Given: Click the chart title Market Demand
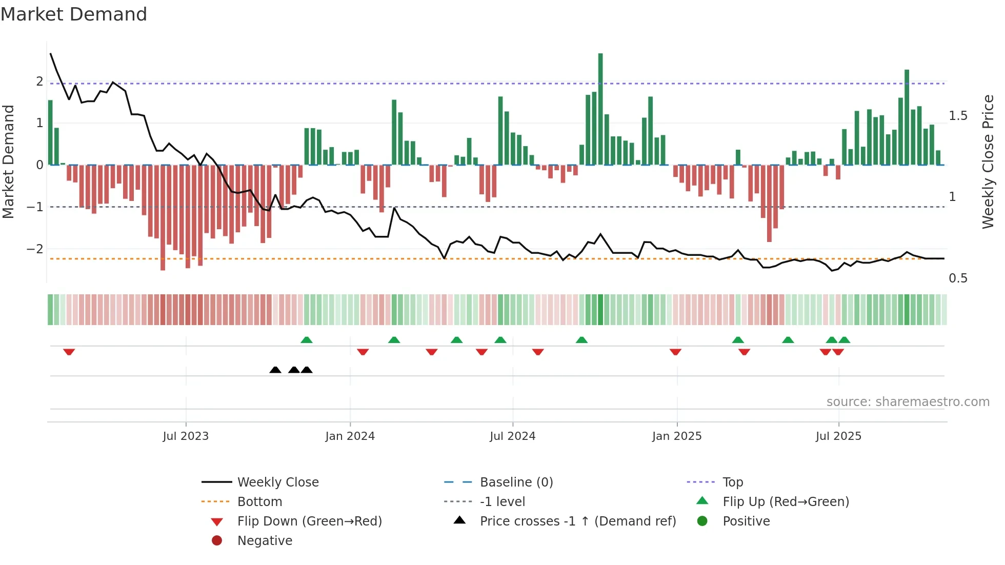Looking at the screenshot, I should (x=74, y=14).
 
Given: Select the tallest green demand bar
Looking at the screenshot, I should (x=600, y=109).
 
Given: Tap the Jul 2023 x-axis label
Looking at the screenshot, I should (x=186, y=436).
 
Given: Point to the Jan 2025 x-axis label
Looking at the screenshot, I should (x=677, y=436).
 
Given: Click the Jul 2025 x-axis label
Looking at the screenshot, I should (x=838, y=436).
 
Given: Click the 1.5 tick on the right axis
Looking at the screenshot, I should (x=958, y=116).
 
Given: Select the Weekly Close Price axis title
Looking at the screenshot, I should (x=988, y=162).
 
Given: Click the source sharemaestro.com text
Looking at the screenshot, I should (x=908, y=402).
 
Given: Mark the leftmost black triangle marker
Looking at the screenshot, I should (x=275, y=370).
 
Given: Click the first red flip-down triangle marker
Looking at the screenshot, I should (x=69, y=352).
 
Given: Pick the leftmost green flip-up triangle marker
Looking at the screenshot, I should (x=306, y=340).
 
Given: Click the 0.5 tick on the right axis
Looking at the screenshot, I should (x=958, y=278).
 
